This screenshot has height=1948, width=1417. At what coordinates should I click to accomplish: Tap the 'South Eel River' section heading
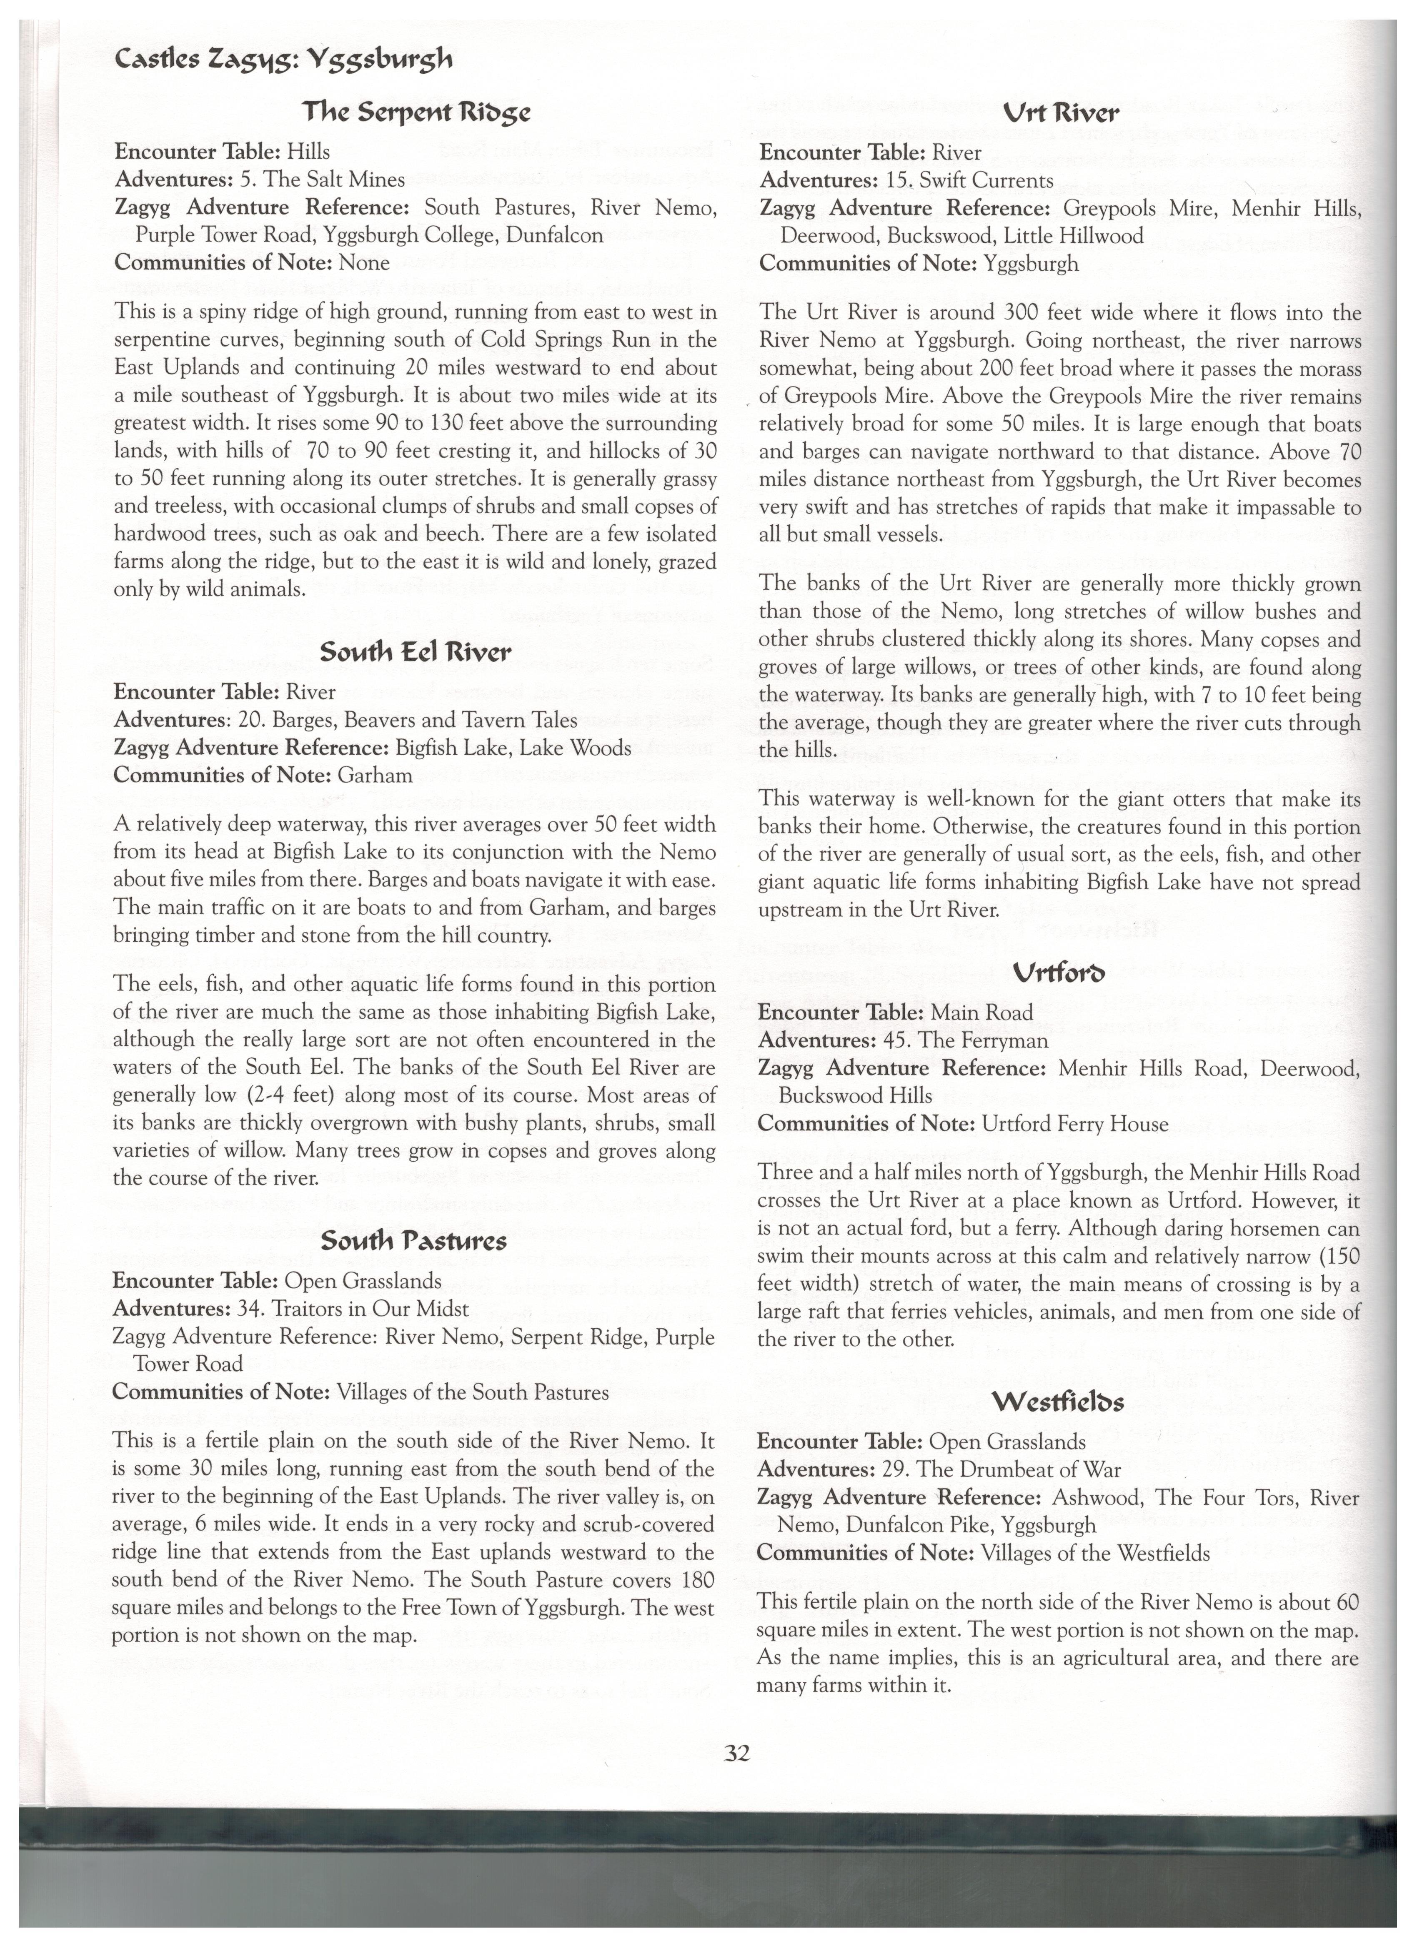[x=415, y=653]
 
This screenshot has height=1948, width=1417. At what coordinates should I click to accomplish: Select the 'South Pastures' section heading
[x=414, y=1241]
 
